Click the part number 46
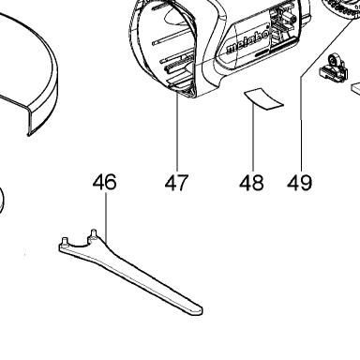pos(105,182)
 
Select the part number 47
pos(177,183)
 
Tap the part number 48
pos(251,183)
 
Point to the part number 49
pos(300,183)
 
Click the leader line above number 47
pos(177,132)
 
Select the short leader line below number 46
pos(106,217)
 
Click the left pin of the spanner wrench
pos(65,242)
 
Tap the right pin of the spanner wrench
pos(94,233)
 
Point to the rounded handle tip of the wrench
pos(197,310)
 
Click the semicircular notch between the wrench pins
pos(78,244)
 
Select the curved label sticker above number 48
pos(263,98)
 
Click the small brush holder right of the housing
pos(333,67)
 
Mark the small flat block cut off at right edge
pos(355,87)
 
